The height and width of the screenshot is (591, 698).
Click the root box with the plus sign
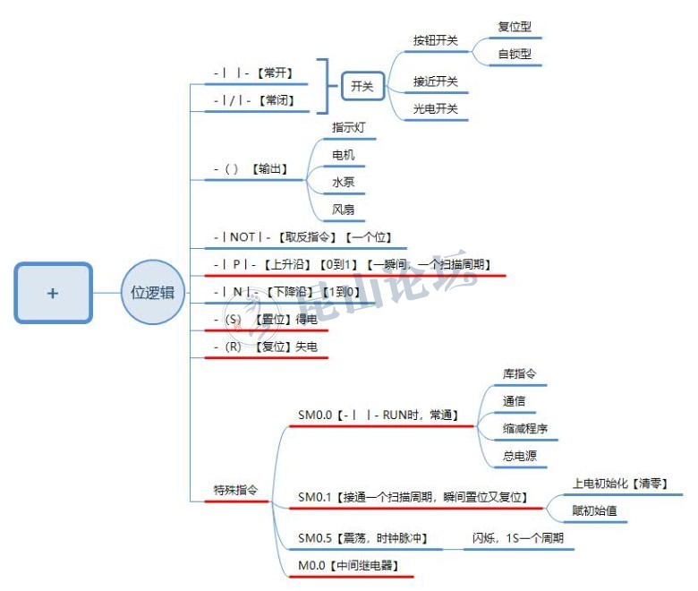click(x=53, y=293)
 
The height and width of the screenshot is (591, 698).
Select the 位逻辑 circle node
click(x=152, y=293)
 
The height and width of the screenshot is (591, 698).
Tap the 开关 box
click(x=362, y=86)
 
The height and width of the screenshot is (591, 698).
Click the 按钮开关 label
click(x=435, y=40)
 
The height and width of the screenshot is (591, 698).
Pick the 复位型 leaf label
click(x=514, y=27)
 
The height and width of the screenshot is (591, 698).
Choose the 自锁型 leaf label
click(x=514, y=54)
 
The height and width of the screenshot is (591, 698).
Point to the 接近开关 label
click(x=435, y=81)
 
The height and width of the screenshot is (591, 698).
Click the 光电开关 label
click(x=435, y=108)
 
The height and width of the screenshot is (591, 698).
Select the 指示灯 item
click(x=348, y=128)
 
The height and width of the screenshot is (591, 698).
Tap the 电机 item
click(x=343, y=155)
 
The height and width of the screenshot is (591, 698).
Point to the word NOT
click(x=243, y=237)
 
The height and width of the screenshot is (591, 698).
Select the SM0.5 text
click(x=314, y=538)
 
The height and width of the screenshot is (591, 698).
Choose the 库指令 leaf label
click(x=519, y=373)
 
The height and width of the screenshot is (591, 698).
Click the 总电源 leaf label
click(x=519, y=456)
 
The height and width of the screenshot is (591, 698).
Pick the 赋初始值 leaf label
click(x=594, y=511)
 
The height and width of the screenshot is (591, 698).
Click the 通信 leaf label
click(x=514, y=401)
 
